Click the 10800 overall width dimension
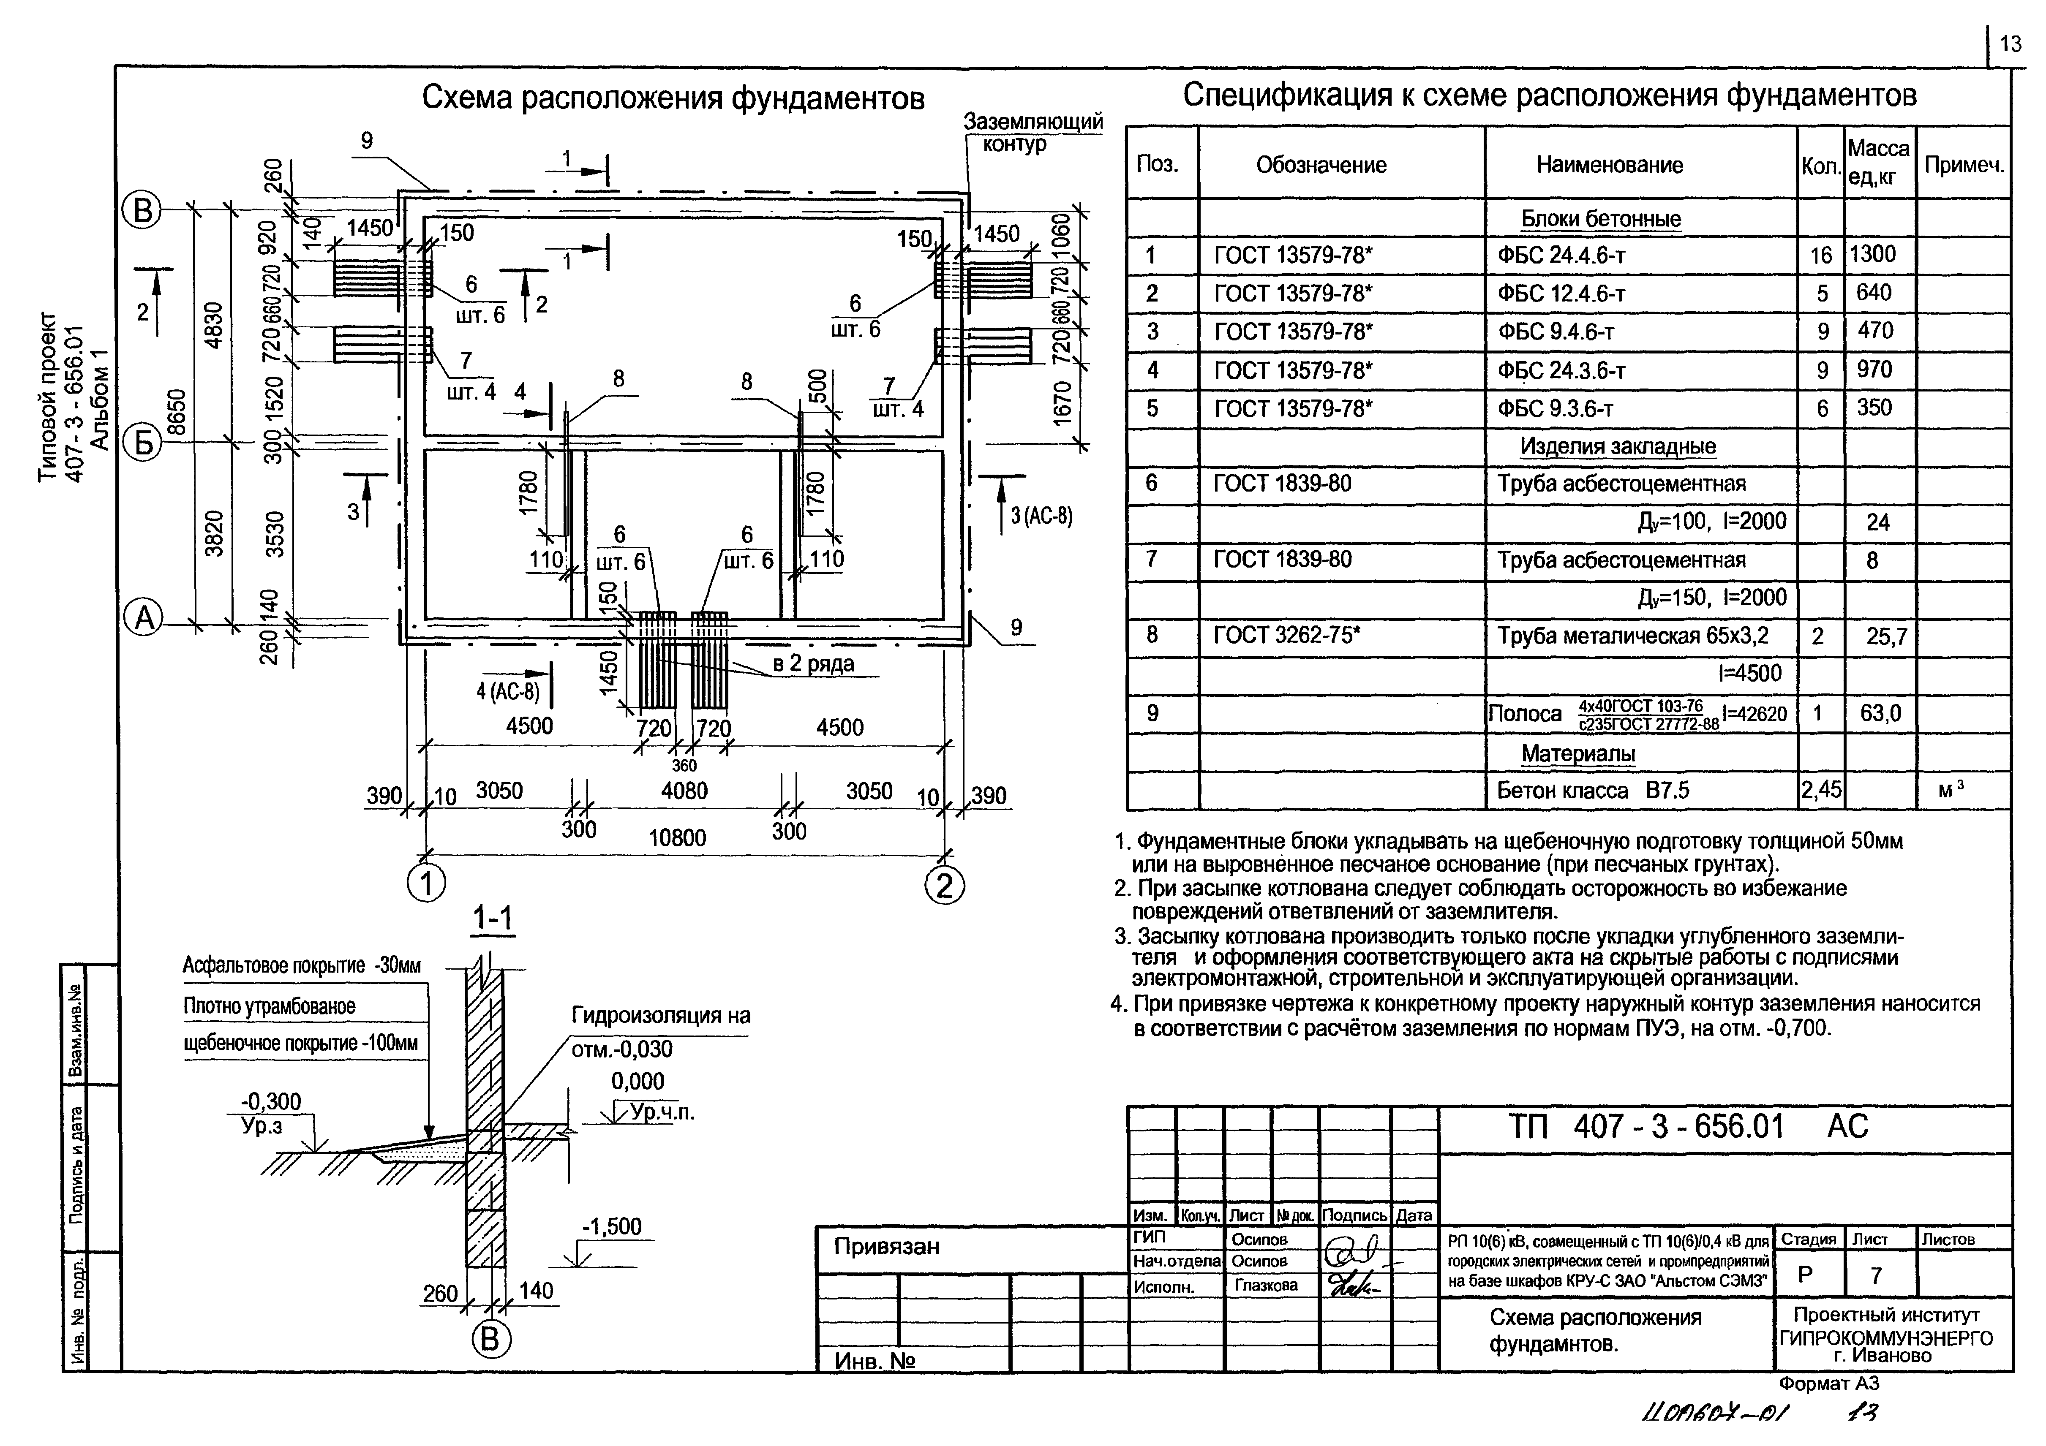pyautogui.click(x=677, y=837)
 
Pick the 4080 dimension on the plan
pyautogui.click(x=684, y=790)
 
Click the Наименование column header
pyautogui.click(x=1609, y=165)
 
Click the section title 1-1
pyautogui.click(x=493, y=919)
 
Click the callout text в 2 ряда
pyautogui.click(x=813, y=664)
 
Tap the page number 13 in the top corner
pyautogui.click(x=2011, y=43)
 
